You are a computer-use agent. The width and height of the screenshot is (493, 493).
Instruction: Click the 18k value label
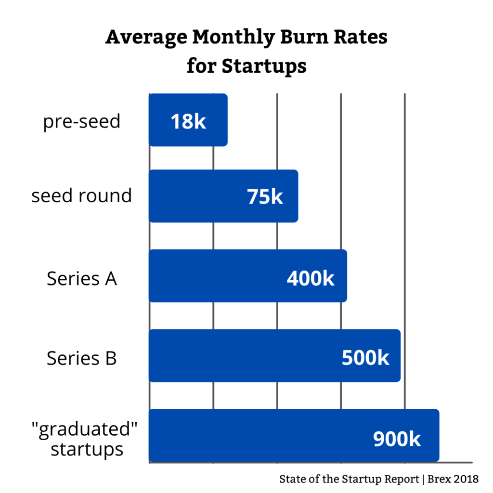pyautogui.click(x=188, y=122)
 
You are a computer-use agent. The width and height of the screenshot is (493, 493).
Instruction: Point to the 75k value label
pyautogui.click(x=265, y=197)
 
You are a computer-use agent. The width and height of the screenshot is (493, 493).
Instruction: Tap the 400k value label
pyautogui.click(x=311, y=278)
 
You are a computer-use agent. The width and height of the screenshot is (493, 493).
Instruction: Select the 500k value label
pyautogui.click(x=365, y=358)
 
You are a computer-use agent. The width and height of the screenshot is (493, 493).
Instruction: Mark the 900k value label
pyautogui.click(x=397, y=439)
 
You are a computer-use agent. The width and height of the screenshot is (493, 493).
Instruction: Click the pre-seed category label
pyautogui.click(x=81, y=121)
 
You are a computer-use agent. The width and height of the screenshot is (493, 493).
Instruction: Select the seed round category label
pyautogui.click(x=81, y=196)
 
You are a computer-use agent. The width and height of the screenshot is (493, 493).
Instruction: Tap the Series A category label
pyautogui.click(x=81, y=278)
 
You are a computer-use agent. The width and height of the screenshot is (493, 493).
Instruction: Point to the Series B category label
pyautogui.click(x=81, y=358)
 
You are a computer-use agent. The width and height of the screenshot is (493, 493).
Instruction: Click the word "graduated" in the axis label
pyautogui.click(x=87, y=429)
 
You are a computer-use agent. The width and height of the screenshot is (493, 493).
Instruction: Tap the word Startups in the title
pyautogui.click(x=264, y=66)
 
